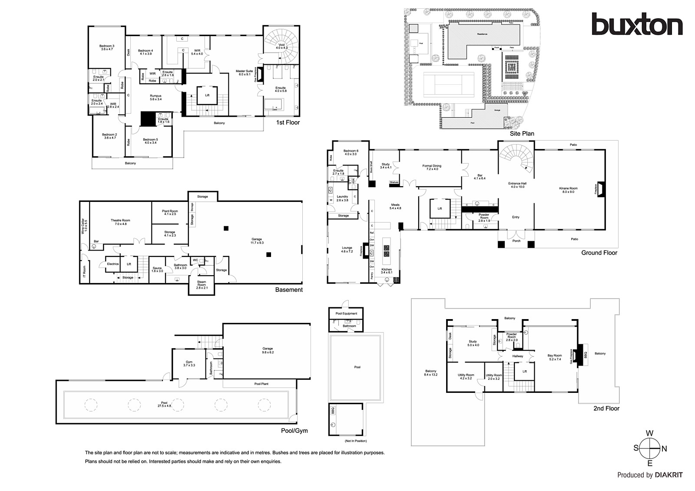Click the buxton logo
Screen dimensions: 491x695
[x=637, y=24]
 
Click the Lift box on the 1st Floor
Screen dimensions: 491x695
[x=207, y=95]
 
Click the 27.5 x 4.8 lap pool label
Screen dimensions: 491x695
[x=164, y=404]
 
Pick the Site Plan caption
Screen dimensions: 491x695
[x=522, y=133]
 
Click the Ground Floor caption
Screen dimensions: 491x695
[x=599, y=253]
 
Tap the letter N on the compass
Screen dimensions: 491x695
[x=664, y=449]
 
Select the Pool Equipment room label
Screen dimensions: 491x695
[x=346, y=313]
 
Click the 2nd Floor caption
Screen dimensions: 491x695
[x=606, y=409]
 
